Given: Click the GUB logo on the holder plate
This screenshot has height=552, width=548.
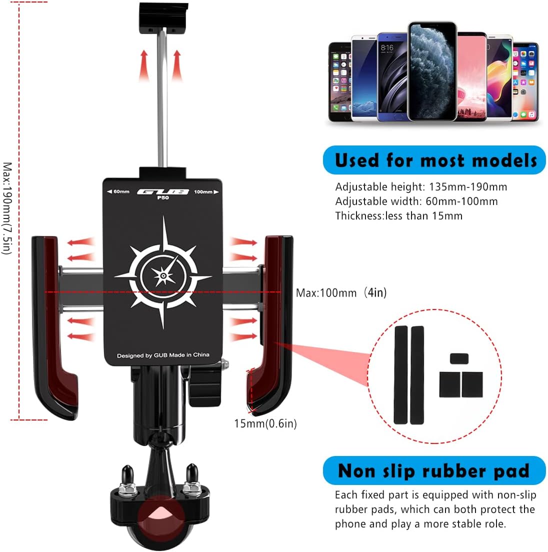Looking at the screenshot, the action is tap(163, 191).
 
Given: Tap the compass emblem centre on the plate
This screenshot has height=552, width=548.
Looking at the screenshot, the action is tap(163, 274).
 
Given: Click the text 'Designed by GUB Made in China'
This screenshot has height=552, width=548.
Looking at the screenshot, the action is tap(163, 355).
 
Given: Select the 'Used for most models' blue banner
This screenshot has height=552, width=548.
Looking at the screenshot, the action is tap(434, 160).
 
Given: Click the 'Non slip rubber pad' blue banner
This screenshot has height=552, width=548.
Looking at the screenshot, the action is tap(434, 471).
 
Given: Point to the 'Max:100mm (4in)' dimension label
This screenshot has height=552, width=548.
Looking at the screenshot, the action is tap(341, 292).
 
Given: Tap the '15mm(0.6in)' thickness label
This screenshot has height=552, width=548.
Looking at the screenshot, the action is tap(265, 423).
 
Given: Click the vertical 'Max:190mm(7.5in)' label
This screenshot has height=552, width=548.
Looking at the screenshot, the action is tap(7, 208).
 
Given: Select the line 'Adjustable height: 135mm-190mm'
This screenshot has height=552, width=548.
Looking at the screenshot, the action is tap(421, 187).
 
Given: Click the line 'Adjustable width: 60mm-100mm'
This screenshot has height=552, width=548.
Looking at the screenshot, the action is tap(416, 201).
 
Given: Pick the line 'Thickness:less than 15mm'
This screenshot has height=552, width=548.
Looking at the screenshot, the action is tap(398, 216).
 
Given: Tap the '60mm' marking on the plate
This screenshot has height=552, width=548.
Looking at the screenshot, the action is tap(118, 191).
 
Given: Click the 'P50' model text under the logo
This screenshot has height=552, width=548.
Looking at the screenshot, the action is tap(163, 197).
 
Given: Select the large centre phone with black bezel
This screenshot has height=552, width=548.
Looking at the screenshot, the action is tap(432, 71).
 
